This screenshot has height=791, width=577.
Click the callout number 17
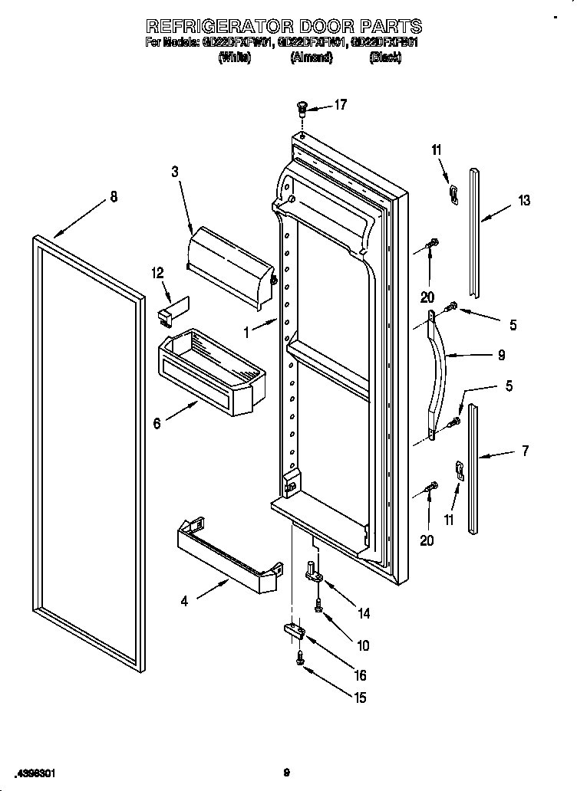[340, 105]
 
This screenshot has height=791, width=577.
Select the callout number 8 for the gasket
[114, 197]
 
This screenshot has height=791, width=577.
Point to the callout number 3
[175, 173]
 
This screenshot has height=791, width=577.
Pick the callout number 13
[524, 201]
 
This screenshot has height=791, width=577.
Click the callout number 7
[525, 451]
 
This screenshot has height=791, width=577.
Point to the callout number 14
[363, 612]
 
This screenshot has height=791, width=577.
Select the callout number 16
[358, 675]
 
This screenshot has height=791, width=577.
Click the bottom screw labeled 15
[302, 656]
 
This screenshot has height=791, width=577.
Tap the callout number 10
[363, 645]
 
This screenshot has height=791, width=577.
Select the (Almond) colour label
[311, 57]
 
